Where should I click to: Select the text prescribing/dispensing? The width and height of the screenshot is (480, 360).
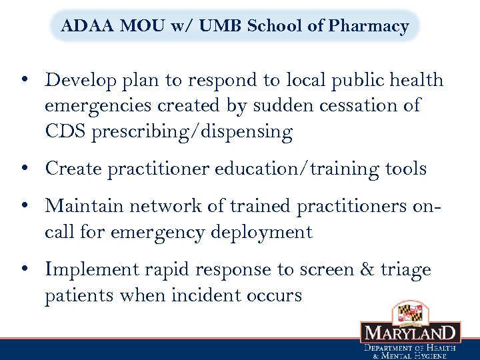(192, 132)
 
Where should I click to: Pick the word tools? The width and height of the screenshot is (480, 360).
(405, 169)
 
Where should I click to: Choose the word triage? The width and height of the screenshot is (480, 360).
(406, 269)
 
